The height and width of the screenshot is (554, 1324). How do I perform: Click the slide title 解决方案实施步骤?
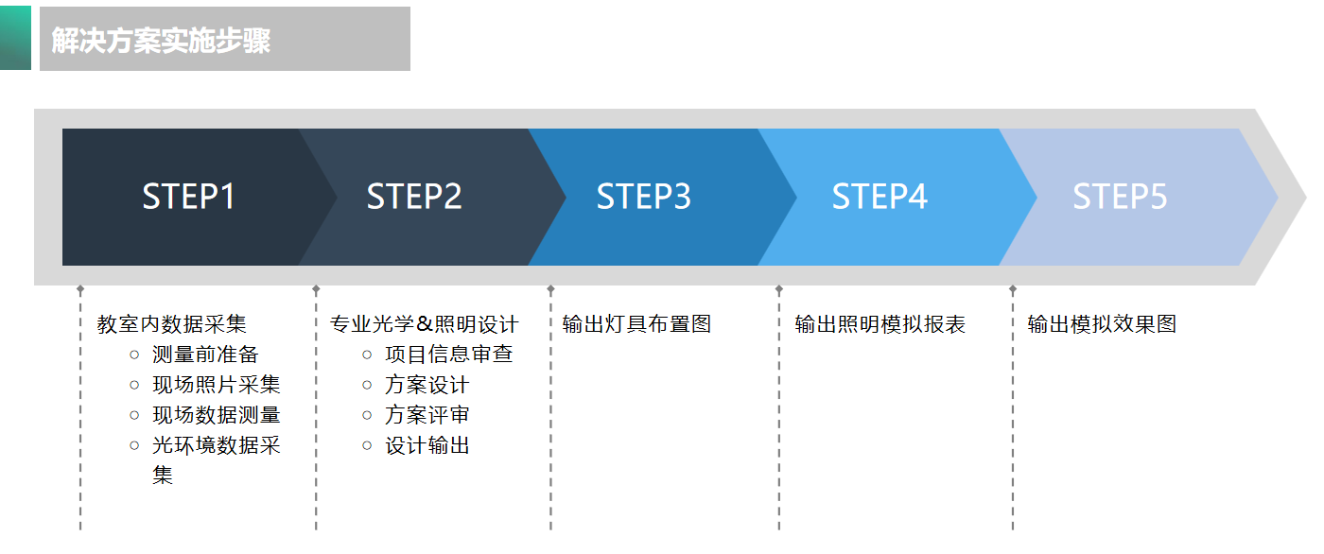(161, 41)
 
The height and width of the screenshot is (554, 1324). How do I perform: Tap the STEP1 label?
(188, 197)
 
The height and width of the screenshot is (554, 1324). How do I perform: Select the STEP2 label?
(414, 197)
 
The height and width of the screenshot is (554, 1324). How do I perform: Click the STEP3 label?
(643, 197)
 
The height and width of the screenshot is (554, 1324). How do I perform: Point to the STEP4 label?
(880, 197)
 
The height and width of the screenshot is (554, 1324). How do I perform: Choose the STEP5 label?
(1120, 197)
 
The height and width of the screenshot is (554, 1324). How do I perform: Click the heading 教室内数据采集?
(171, 324)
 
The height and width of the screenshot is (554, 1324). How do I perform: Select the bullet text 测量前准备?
(205, 355)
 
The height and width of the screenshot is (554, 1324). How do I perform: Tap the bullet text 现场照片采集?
(217, 385)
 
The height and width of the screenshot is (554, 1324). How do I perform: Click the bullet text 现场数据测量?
(217, 415)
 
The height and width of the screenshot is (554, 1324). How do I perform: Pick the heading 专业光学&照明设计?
(424, 324)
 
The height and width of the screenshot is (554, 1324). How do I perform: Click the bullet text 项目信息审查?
(449, 355)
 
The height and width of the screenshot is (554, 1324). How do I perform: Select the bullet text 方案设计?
(427, 385)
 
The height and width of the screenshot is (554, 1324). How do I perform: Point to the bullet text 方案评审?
(427, 415)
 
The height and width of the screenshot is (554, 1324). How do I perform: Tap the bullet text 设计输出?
(427, 445)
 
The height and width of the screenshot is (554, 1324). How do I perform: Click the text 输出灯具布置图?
(636, 324)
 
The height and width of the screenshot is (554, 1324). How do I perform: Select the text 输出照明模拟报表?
(880, 324)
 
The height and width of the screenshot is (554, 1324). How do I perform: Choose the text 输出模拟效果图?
(1102, 324)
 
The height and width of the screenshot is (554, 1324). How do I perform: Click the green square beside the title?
(15, 38)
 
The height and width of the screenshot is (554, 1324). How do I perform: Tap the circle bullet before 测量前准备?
(134, 355)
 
